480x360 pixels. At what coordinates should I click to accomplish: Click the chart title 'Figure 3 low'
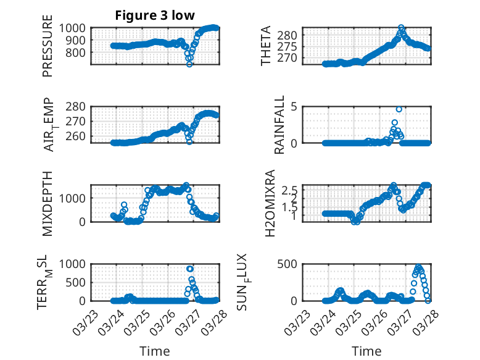tap(155, 16)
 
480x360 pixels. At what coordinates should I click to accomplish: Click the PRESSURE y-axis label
tap(48, 50)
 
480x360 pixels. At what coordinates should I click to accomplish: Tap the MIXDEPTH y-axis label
tap(48, 203)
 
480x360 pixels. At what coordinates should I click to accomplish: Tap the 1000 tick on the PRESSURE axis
tap(76, 28)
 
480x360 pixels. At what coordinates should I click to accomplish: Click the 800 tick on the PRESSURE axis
tap(78, 52)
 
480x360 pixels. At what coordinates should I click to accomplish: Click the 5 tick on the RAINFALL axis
tap(295, 106)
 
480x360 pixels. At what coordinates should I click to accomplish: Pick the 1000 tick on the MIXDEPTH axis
tap(76, 198)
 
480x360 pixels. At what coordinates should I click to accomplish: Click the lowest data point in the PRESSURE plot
tap(189, 64)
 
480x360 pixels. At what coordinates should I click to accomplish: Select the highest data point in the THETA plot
tap(401, 28)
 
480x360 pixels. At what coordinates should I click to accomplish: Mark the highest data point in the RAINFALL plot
tap(399, 109)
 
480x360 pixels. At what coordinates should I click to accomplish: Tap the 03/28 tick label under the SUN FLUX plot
tap(421, 316)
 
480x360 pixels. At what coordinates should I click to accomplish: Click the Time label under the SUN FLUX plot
tap(366, 351)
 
